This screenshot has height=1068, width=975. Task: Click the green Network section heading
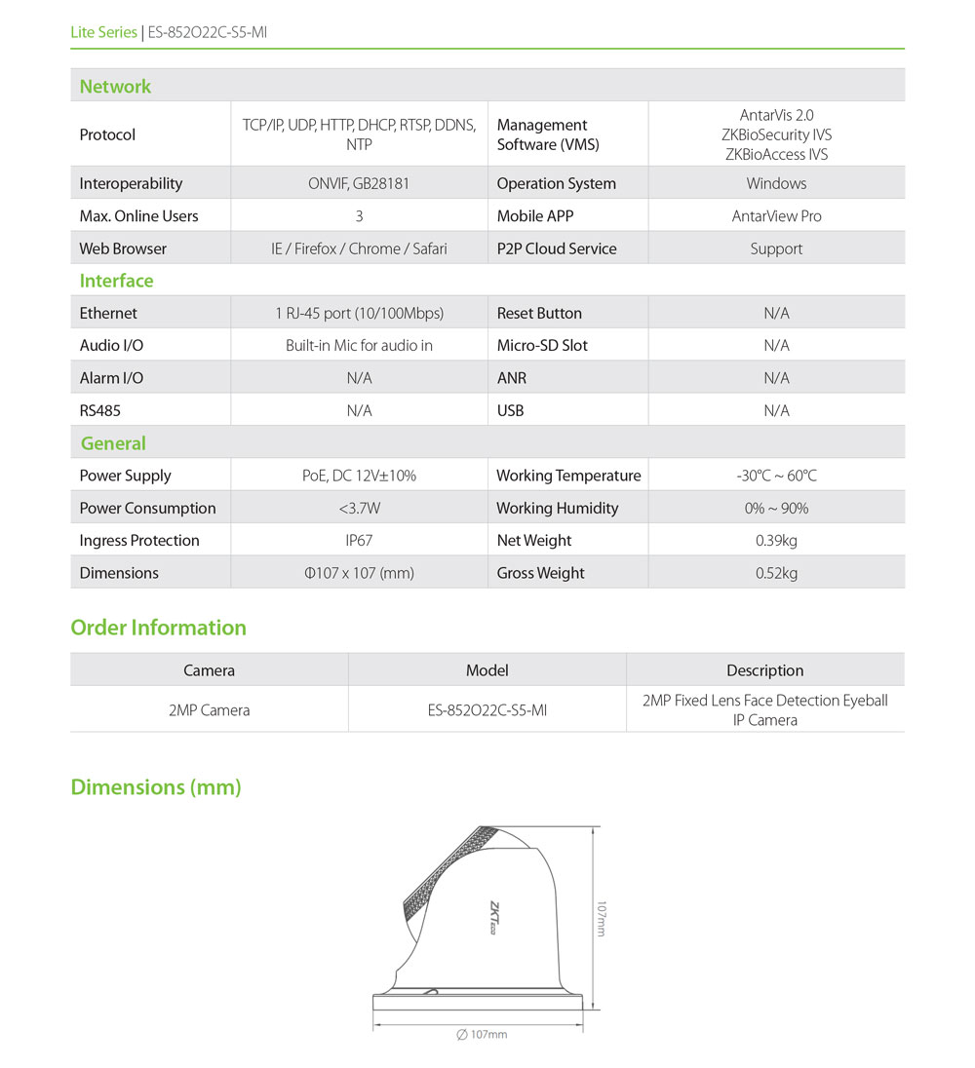[115, 87]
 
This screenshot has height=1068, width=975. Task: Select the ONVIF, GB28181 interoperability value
[359, 183]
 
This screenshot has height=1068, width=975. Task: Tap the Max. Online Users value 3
[359, 216]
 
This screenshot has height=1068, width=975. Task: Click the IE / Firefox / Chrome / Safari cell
[359, 248]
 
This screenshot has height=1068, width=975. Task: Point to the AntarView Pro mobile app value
[776, 216]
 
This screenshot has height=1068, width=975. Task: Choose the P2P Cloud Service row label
[557, 248]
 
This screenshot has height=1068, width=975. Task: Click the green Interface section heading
[116, 281]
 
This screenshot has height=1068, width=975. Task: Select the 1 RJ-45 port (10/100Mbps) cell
[359, 314]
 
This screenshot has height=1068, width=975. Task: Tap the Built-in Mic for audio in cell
[359, 346]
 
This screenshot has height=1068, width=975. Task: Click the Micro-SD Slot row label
[542, 346]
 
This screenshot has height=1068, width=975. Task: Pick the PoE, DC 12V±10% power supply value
[359, 476]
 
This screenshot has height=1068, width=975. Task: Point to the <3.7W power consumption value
[359, 509]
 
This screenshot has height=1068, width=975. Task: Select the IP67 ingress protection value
[359, 541]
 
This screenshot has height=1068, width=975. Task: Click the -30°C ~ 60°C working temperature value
[776, 476]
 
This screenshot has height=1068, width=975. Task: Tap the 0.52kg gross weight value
[776, 573]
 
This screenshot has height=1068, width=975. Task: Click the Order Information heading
[158, 628]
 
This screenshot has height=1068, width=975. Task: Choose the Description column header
[764, 670]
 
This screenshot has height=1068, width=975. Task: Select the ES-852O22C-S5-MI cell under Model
[487, 710]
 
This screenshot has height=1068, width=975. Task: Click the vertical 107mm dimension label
[602, 918]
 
